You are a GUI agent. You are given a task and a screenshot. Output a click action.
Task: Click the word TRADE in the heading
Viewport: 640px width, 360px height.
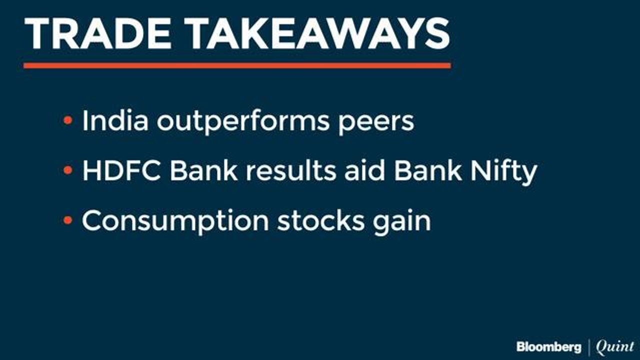[x=97, y=33]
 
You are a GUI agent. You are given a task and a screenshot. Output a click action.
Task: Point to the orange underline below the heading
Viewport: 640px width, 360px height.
[x=237, y=65]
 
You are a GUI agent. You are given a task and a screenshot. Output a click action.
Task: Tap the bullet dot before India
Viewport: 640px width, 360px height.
[x=68, y=120]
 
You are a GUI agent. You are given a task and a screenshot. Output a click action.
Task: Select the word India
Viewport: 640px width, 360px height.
[x=115, y=120]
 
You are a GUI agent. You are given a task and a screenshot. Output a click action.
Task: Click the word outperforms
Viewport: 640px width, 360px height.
[x=243, y=122]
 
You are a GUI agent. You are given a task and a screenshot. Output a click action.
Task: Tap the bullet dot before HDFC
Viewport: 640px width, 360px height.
[x=68, y=170]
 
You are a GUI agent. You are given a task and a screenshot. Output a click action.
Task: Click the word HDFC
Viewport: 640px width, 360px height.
[x=121, y=170]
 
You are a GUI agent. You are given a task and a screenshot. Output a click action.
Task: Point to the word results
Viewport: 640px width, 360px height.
[x=291, y=170]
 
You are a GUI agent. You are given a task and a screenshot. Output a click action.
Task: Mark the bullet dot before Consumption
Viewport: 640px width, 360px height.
[x=68, y=220]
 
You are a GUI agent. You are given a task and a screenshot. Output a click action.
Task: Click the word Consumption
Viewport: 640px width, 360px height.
[x=175, y=222]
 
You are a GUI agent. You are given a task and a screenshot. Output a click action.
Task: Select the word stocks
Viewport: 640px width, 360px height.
[x=321, y=220]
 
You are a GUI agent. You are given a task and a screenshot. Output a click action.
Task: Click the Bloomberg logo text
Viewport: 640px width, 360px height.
[x=549, y=347]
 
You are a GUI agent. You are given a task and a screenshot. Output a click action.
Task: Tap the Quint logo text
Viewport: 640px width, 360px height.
[x=614, y=347]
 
